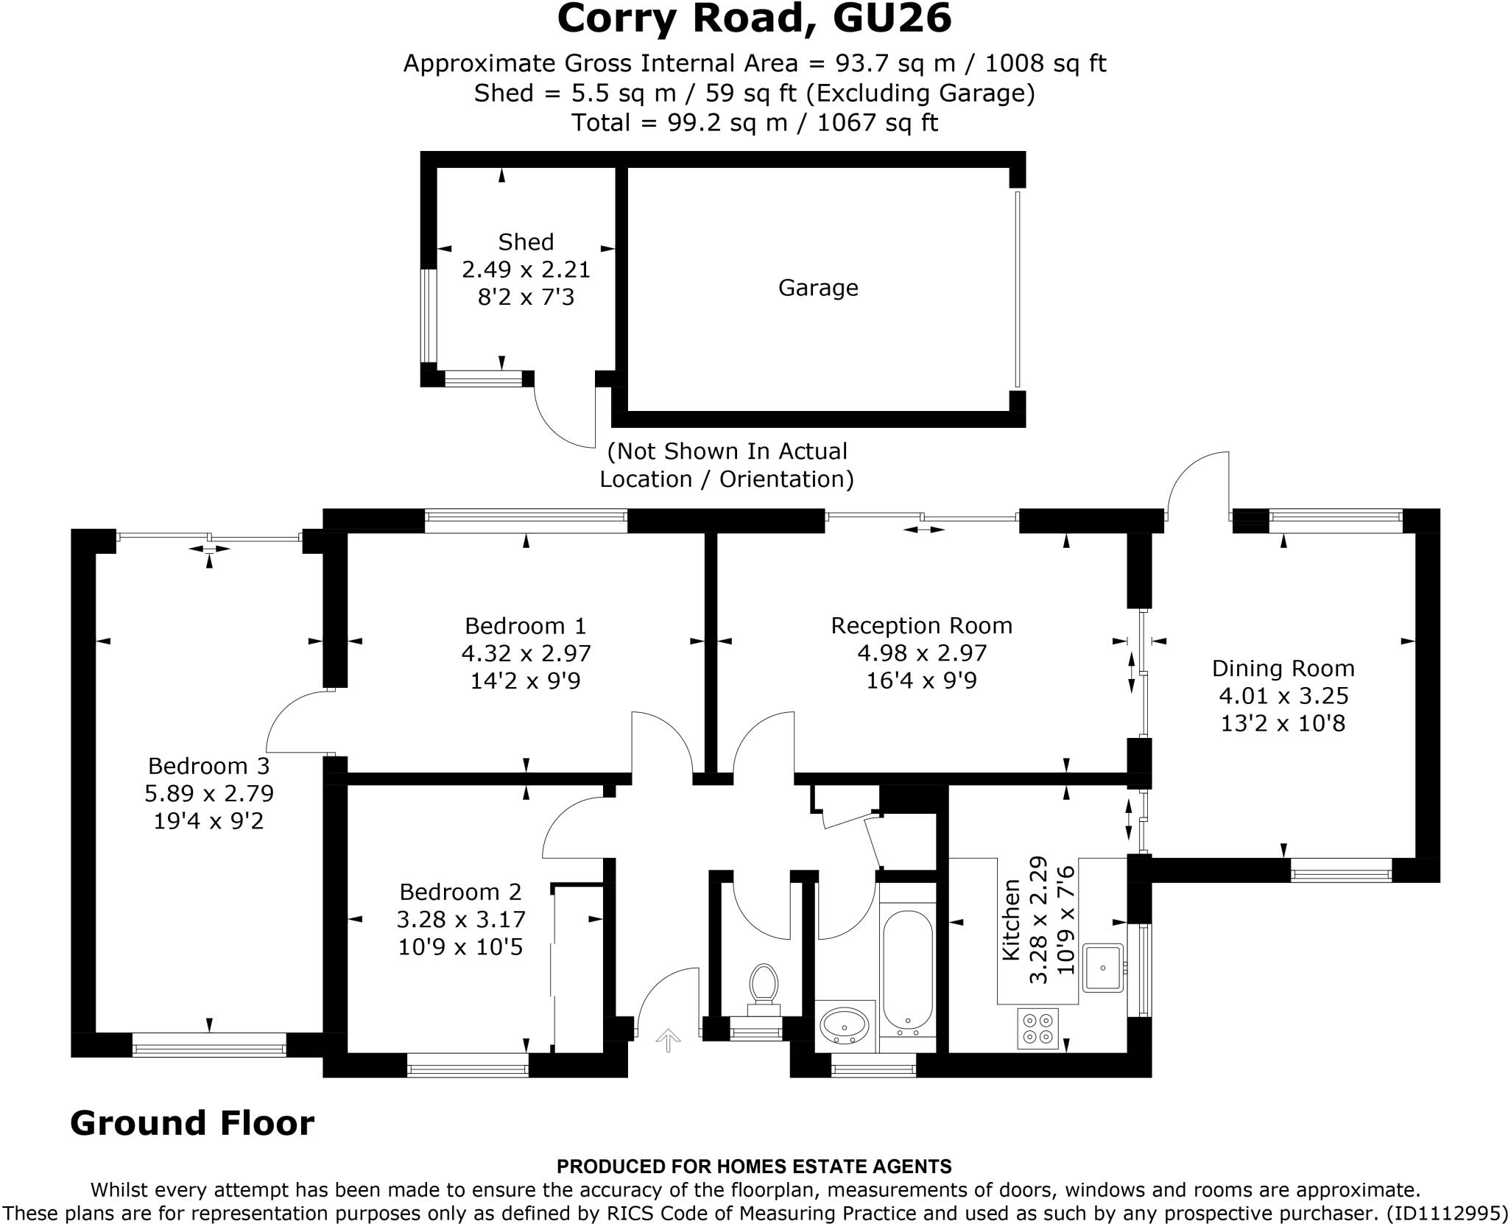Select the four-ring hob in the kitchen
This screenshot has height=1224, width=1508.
pos(1037,1028)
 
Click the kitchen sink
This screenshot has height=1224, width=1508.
pos(1102,968)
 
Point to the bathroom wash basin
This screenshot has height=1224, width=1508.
pos(845,1024)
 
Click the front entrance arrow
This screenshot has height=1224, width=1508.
pos(668,1041)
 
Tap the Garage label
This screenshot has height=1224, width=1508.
pos(818,288)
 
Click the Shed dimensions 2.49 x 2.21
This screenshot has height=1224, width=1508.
pos(526,270)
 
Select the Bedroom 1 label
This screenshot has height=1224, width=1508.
pos(525,626)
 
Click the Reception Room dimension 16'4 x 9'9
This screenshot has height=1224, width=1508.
pos(921,680)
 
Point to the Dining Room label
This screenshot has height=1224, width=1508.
pos(1283,669)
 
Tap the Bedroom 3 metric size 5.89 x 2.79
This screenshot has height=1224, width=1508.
pos(209,793)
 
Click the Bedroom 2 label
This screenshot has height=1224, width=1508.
pos(460,892)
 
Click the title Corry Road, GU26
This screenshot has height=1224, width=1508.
pos(754,19)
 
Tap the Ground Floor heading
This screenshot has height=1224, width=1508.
pos(192,1123)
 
